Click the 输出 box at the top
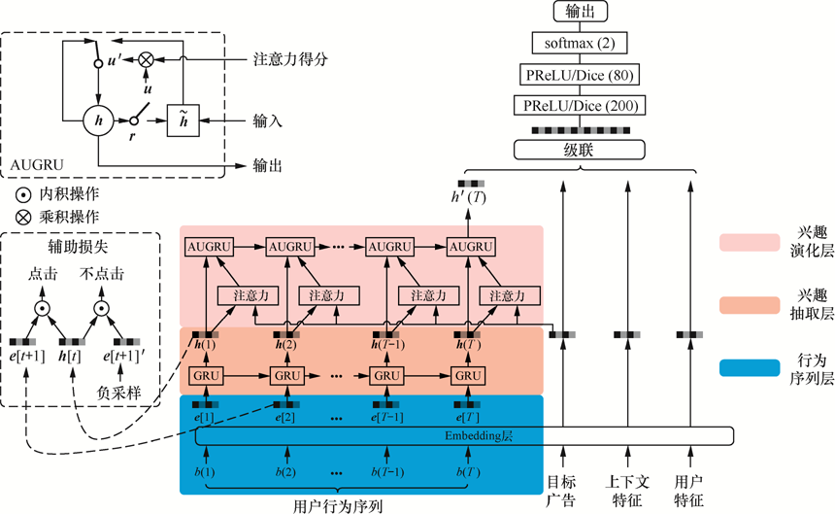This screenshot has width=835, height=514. (x=580, y=12)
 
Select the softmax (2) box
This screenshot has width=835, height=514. (x=580, y=43)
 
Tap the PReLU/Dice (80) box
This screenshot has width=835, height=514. (x=580, y=74)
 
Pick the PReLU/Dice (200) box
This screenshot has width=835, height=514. (x=580, y=104)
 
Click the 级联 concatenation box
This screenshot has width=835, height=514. (x=580, y=150)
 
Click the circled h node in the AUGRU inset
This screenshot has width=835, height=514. (x=97, y=120)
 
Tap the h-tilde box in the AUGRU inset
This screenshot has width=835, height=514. (x=181, y=120)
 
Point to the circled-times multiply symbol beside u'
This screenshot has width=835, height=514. (x=146, y=60)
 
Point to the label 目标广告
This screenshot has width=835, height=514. (x=561, y=490)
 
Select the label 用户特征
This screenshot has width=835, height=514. (x=689, y=490)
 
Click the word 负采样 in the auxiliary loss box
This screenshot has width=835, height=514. (x=111, y=394)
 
